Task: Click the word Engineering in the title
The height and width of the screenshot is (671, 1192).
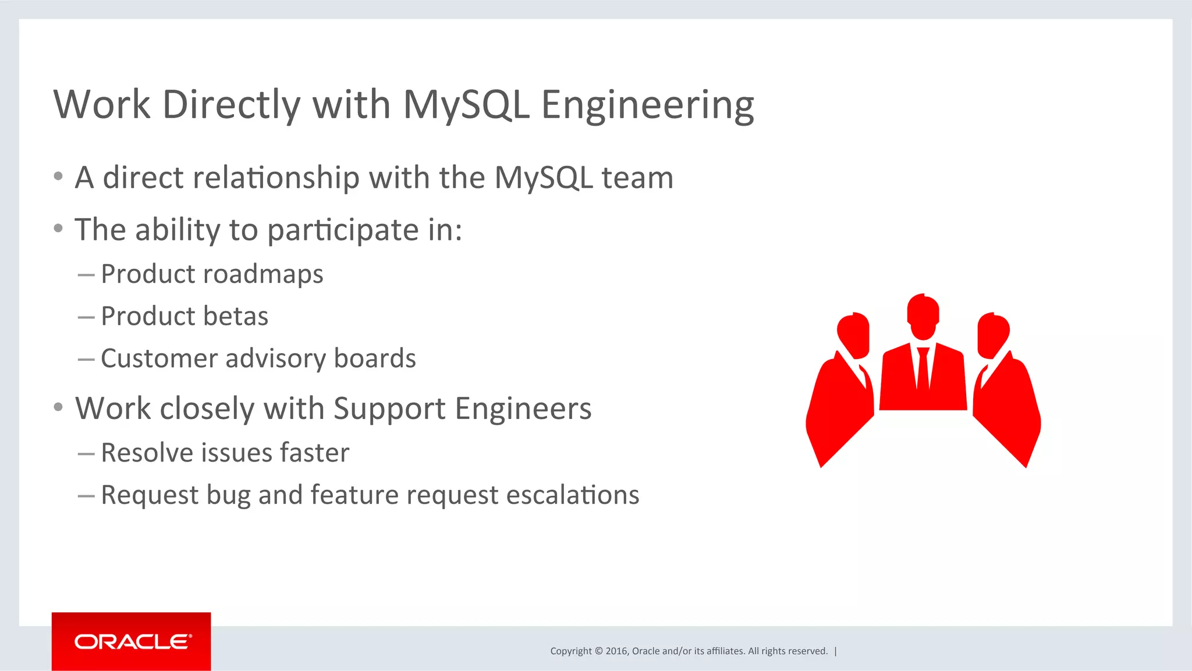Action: pyautogui.click(x=647, y=105)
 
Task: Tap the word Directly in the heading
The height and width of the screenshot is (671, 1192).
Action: pyautogui.click(x=231, y=105)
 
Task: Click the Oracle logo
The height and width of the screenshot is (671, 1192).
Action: pyautogui.click(x=132, y=641)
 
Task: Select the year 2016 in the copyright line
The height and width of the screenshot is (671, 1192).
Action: pyautogui.click(x=616, y=651)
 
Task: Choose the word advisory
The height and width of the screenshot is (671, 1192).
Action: pyautogui.click(x=275, y=358)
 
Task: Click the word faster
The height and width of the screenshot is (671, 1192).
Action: pyautogui.click(x=314, y=453)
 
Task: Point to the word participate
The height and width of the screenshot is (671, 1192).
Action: pyautogui.click(x=343, y=230)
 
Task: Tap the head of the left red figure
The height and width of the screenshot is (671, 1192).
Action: pyautogui.click(x=854, y=335)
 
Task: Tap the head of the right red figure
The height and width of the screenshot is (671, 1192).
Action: pyautogui.click(x=993, y=335)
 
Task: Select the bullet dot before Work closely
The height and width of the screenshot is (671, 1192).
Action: pyautogui.click(x=58, y=407)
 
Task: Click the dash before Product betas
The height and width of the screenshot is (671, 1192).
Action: pyautogui.click(x=86, y=317)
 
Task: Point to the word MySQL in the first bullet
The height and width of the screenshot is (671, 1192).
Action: pyautogui.click(x=543, y=178)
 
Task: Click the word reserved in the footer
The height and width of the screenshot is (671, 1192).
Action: pyautogui.click(x=810, y=651)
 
